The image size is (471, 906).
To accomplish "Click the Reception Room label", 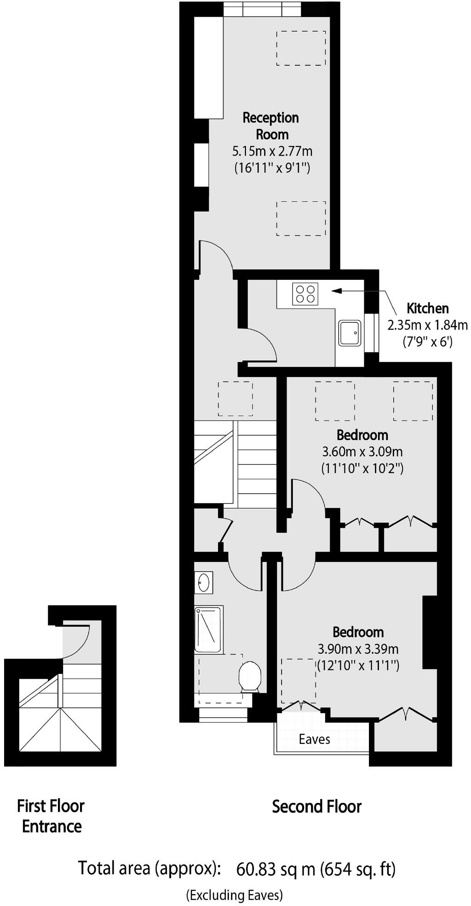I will tap(271, 126).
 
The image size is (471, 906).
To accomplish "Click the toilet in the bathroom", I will tap(251, 676).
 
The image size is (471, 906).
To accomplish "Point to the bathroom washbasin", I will tap(203, 583).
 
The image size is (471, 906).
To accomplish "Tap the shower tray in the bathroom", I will tap(208, 629).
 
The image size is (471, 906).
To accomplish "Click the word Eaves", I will tap(314, 739).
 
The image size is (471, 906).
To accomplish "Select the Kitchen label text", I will tap(427, 308).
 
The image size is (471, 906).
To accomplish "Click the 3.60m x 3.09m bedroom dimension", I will tap(362, 452).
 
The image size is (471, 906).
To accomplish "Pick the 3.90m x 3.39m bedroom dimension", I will tap(358, 649).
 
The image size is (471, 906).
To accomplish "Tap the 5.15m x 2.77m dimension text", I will tap(272, 151).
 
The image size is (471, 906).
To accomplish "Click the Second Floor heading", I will tap(316, 807).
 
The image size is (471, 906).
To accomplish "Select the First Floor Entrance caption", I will tap(51, 816).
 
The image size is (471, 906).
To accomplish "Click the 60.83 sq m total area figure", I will tap(276, 869).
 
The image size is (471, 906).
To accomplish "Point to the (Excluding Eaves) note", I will tap(234, 895).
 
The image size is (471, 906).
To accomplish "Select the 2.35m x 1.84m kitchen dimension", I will tap(427, 325).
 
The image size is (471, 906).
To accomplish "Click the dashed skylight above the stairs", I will tap(235, 399).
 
